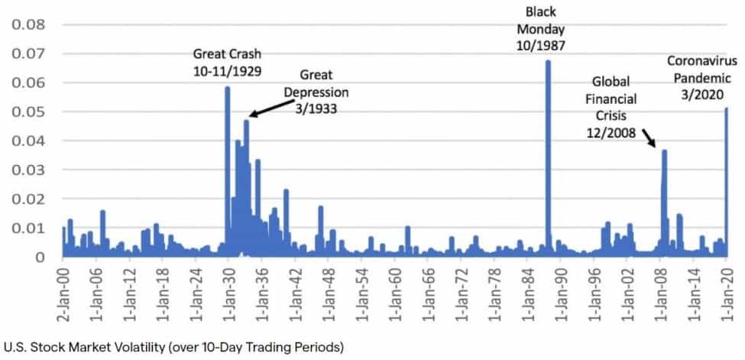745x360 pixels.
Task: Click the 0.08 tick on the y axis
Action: coord(28,24)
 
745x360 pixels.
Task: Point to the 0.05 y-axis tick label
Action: coord(28,112)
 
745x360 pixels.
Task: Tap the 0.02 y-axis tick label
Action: coord(28,199)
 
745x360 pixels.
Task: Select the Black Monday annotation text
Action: coord(546,28)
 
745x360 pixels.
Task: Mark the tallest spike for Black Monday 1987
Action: coord(548,63)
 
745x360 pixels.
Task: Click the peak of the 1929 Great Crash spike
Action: coord(227,89)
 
